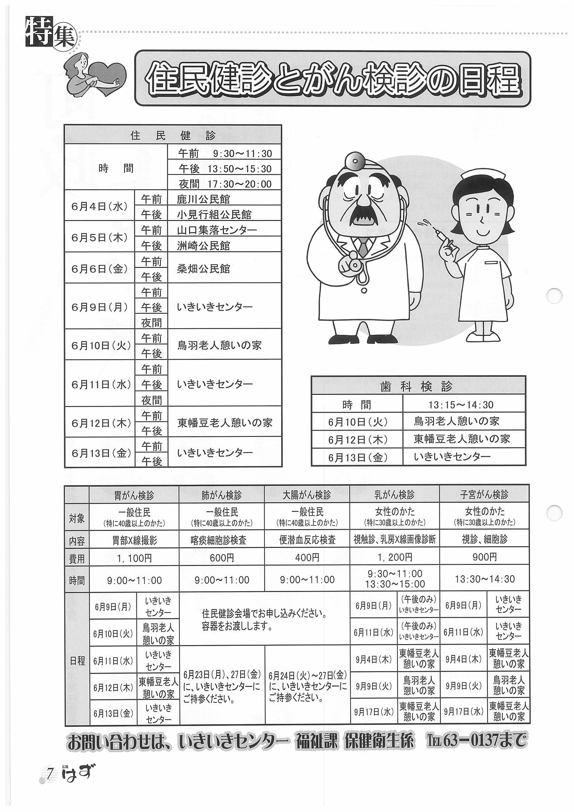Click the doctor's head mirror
(354, 161)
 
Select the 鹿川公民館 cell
(224, 199)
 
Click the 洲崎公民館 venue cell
(224, 245)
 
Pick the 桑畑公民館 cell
(224, 269)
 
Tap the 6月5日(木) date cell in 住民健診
(99, 238)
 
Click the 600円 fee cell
(222, 558)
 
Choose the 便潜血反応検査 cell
(307, 540)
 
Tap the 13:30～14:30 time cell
(484, 579)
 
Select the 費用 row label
(77, 558)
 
